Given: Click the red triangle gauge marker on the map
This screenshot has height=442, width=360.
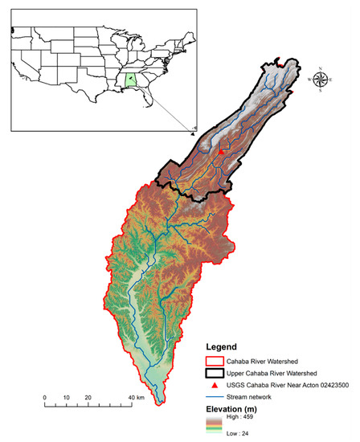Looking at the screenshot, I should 221,150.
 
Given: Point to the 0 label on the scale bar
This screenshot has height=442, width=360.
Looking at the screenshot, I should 45,398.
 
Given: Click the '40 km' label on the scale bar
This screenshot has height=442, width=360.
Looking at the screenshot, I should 135,398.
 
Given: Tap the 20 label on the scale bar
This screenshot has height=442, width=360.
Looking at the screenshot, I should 88,398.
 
